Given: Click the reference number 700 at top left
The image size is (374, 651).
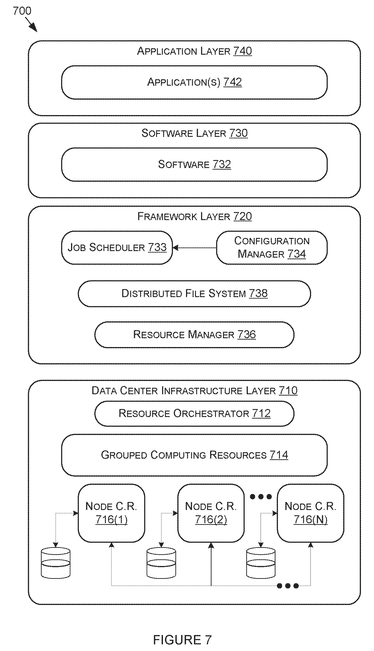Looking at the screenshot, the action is coord(22,11).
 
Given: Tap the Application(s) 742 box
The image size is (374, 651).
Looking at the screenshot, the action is coord(194,82).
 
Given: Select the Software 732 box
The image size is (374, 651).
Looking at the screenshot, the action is coord(194,164).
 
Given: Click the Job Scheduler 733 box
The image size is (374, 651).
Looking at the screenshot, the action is coord(117,247).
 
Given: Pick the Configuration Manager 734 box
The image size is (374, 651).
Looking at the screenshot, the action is coord(272,247).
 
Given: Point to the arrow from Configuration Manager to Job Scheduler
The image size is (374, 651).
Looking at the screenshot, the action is coord(195,248).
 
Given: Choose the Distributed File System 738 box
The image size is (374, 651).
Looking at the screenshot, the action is coord(194,294).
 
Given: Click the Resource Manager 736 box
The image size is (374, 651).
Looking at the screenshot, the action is coord(194,334).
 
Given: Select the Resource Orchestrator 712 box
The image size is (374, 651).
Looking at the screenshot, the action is coord(194,413).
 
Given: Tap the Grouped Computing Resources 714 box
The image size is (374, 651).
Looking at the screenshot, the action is coord(194,455).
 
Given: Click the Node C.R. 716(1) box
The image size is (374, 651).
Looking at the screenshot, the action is coord(111,513).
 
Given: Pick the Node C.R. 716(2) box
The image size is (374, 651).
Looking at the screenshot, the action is coord(211,513).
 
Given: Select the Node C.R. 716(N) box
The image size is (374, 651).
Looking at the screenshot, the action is coord(310,513).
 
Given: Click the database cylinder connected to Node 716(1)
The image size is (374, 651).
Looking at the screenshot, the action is coord(56,563).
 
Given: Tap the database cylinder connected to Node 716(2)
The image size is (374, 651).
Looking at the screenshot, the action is coord(161,563).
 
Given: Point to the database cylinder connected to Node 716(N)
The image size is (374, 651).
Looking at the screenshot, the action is coord(261,563).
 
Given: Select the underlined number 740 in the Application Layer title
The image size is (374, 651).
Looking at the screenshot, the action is coord(243,51).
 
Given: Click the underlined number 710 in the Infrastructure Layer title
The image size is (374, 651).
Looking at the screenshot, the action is coord(288,391).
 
